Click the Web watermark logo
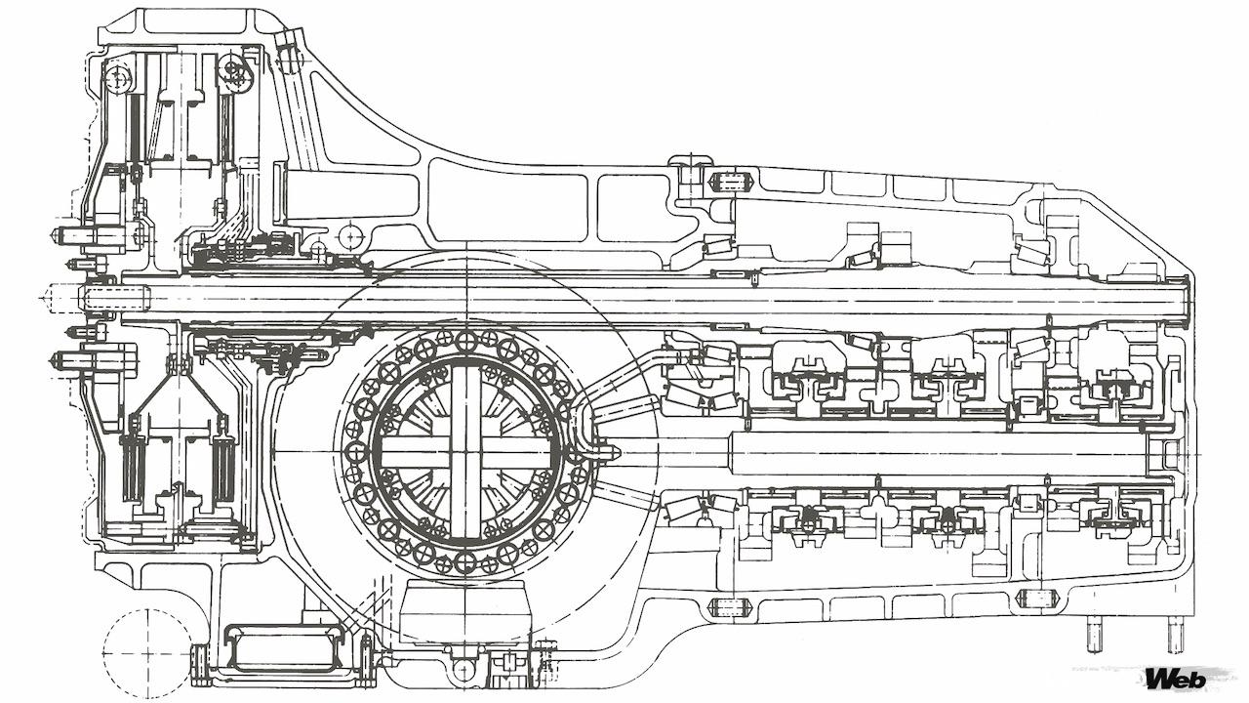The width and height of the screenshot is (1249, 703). (x=1176, y=679)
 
